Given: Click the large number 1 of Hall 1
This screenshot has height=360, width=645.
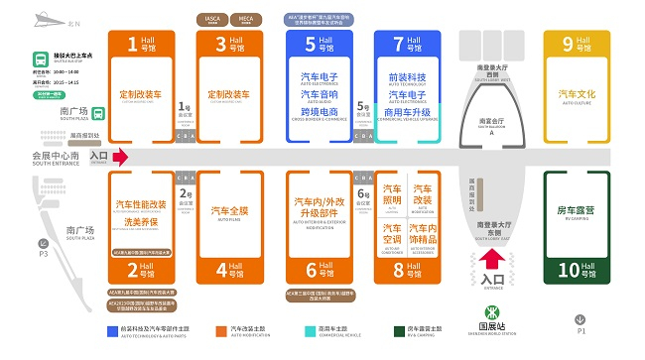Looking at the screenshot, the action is [132, 44].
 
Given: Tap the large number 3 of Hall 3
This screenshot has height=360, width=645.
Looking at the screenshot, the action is [220, 44].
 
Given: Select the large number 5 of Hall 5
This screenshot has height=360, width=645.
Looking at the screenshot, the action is [311, 44].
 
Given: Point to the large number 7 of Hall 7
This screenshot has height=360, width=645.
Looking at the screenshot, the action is [399, 44].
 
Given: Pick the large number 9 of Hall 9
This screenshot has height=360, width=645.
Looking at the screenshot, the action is [568, 44].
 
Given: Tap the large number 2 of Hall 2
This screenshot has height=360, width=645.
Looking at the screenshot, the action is [132, 269].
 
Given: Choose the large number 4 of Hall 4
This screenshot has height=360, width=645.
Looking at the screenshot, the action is [220, 269].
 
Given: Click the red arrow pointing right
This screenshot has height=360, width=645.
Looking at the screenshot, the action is [120, 157].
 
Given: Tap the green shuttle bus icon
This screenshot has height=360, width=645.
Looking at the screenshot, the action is [40, 58].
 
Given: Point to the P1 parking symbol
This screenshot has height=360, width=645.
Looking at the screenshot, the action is [581, 319].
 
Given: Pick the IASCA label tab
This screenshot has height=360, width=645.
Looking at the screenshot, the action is [209, 18].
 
